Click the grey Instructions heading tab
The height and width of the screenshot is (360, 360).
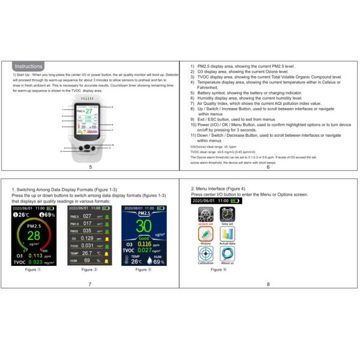click(x=28, y=66)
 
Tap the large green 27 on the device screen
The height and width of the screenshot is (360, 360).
click(x=89, y=112)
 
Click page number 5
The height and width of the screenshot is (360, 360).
click(x=90, y=166)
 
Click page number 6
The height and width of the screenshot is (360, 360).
click(x=268, y=166)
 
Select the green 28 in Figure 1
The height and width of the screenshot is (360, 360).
click(x=34, y=235)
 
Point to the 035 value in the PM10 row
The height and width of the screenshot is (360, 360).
click(x=87, y=230)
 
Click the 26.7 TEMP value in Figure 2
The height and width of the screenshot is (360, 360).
click(x=88, y=253)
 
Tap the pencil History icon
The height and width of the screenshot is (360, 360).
click(x=206, y=234)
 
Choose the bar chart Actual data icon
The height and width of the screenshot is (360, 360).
click(x=227, y=234)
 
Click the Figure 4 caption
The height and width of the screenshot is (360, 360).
click(x=219, y=269)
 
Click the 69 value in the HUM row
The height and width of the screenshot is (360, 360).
click(x=88, y=260)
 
